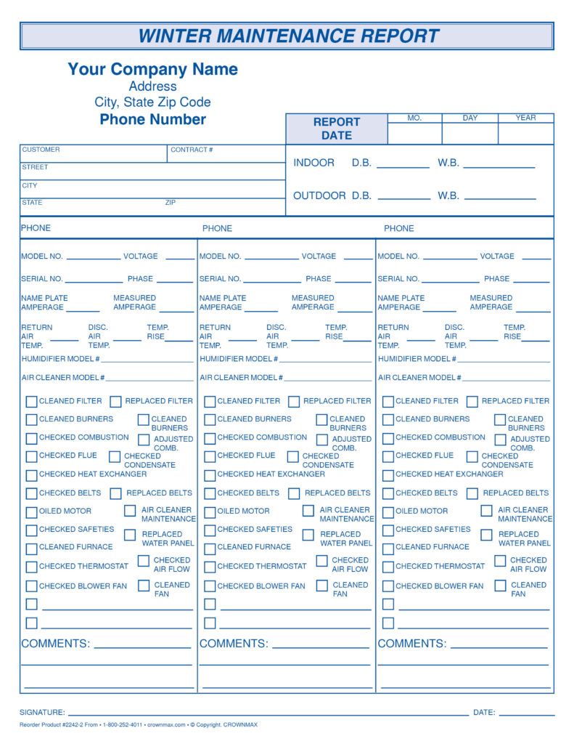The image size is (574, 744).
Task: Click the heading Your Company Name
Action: coord(152,69)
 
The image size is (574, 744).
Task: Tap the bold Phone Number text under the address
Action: coord(152,119)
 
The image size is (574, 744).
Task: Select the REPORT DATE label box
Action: coord(337,129)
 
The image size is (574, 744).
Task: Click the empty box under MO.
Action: coord(414,134)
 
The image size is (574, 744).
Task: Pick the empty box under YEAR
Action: coord(525,134)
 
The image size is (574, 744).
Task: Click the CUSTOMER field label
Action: coord(41,150)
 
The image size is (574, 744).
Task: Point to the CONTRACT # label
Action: coord(192,150)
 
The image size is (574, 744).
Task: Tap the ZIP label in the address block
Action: coord(171,203)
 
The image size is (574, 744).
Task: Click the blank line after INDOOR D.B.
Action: coord(403,166)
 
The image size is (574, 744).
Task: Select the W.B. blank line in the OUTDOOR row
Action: coord(500,198)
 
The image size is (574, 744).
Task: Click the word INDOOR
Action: coord(313,163)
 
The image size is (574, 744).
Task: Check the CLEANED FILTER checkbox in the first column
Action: coord(31,401)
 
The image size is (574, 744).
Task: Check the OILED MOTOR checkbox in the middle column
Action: coord(210,511)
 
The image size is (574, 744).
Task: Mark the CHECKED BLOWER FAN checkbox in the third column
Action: coord(388,586)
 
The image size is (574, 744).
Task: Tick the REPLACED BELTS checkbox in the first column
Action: coord(116,493)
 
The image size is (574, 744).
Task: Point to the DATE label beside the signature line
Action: coord(484,713)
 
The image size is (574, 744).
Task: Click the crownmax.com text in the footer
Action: coord(166,724)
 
